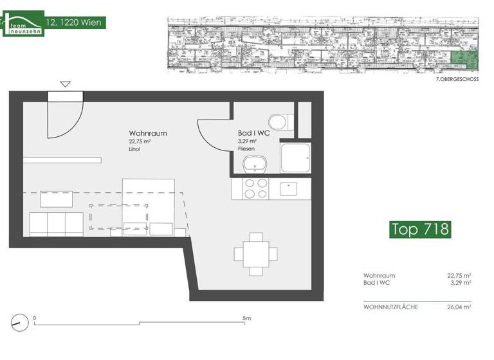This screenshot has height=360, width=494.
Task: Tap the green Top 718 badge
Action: (420, 229)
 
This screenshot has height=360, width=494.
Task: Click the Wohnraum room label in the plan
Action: (148, 134)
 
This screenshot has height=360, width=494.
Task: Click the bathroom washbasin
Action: (255, 165)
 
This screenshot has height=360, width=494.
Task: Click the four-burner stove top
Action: (255, 188)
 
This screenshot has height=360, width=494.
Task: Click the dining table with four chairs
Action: (255, 253)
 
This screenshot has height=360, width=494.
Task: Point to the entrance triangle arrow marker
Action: (65, 84)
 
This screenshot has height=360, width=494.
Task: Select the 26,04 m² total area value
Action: (459, 307)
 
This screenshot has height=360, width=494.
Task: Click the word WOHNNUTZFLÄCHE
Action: (390, 307)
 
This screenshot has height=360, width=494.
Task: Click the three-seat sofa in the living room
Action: (55, 223)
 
